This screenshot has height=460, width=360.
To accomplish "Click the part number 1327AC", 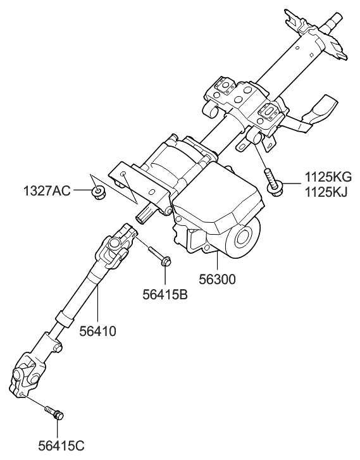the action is pyautogui.click(x=47, y=191).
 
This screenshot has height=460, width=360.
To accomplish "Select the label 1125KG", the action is pyautogui.click(x=328, y=177).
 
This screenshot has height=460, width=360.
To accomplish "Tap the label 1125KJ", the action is pyautogui.click(x=326, y=192).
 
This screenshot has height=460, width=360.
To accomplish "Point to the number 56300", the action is pyautogui.click(x=217, y=280).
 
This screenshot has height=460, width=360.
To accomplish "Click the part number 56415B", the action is pyautogui.click(x=165, y=295).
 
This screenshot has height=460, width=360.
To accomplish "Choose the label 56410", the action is pyautogui.click(x=97, y=332).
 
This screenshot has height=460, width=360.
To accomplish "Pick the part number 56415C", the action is pyautogui.click(x=61, y=446).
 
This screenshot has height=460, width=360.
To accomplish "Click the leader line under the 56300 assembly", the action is pyautogui.click(x=218, y=261).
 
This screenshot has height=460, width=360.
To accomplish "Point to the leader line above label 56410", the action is pyautogui.click(x=97, y=304).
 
